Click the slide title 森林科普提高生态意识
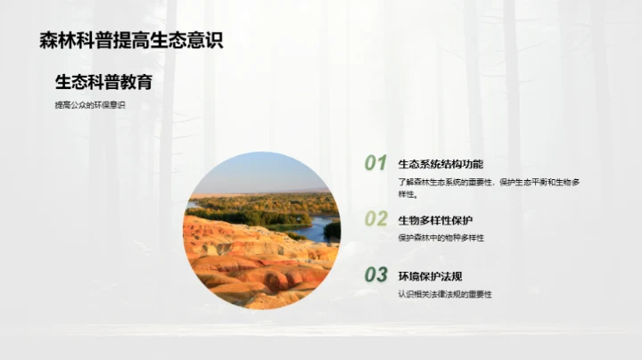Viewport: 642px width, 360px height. (130, 40)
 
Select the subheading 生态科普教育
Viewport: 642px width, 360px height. (103, 83)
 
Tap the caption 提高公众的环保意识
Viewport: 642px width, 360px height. (90, 106)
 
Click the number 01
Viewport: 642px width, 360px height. (375, 163)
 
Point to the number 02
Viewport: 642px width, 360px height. (375, 219)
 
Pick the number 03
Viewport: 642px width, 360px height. (375, 274)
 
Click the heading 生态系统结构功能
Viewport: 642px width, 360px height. (440, 164)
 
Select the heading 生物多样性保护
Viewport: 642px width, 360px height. (435, 220)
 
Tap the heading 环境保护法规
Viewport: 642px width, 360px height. (430, 275)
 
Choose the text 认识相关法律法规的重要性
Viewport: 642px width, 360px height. (445, 294)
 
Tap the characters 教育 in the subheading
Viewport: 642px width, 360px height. (136, 83)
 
